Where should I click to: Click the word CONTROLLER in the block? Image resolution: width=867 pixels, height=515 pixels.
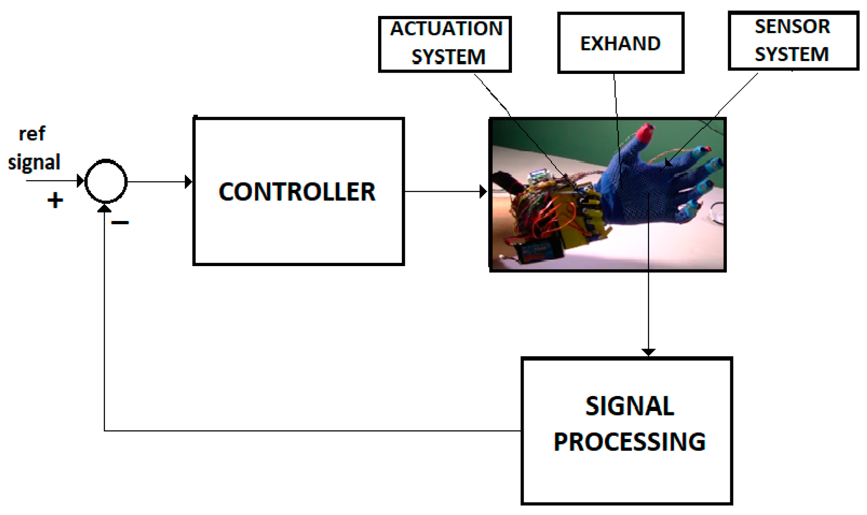pyautogui.click(x=297, y=192)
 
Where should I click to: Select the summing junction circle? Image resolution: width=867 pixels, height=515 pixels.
pyautogui.click(x=106, y=181)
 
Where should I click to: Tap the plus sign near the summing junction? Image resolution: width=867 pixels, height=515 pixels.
pyautogui.click(x=55, y=200)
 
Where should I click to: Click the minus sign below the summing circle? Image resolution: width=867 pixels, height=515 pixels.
pyautogui.click(x=120, y=223)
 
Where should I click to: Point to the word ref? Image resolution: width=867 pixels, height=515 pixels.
pyautogui.click(x=32, y=134)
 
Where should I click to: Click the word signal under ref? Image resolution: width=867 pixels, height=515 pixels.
pyautogui.click(x=34, y=162)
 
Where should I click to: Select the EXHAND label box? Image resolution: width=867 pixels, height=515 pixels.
pyautogui.click(x=620, y=43)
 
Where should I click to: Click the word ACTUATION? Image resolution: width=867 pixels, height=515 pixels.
pyautogui.click(x=446, y=29)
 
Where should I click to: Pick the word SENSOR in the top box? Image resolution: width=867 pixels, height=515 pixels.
pyautogui.click(x=792, y=27)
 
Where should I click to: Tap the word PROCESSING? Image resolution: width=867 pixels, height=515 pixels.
pyautogui.click(x=629, y=441)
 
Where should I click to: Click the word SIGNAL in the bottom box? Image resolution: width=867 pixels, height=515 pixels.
pyautogui.click(x=629, y=406)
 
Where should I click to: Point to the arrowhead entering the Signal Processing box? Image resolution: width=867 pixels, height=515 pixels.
pyautogui.click(x=648, y=352)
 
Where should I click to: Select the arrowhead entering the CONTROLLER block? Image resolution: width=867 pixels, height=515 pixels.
pyautogui.click(x=189, y=182)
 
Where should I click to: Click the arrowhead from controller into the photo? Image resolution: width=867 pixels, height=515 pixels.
pyautogui.click(x=483, y=192)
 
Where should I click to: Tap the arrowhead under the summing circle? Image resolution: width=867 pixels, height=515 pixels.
pyautogui.click(x=104, y=208)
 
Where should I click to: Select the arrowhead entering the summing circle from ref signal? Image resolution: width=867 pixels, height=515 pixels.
pyautogui.click(x=81, y=181)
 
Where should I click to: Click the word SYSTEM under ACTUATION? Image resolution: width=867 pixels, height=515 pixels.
pyautogui.click(x=448, y=57)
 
